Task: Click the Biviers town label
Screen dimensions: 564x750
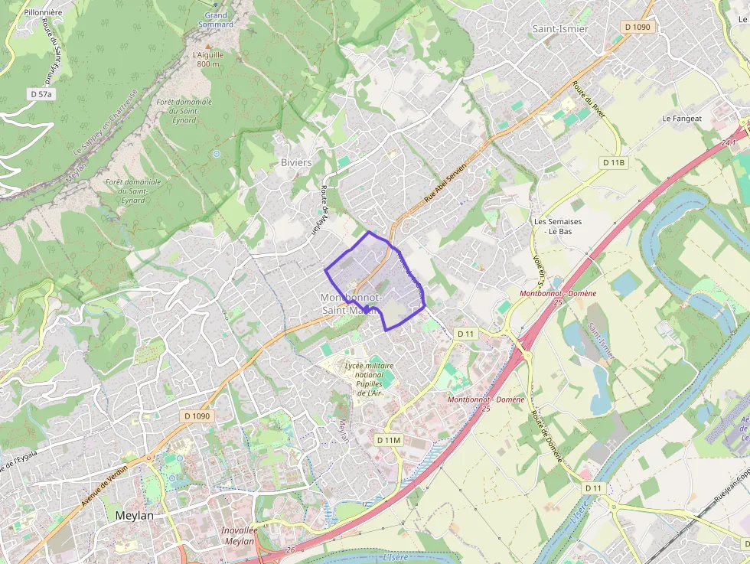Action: (x=296, y=162)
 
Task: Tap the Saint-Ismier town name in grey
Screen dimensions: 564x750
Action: (x=560, y=28)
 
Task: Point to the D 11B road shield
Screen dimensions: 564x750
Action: (x=614, y=163)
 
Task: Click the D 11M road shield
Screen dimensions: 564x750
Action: (x=389, y=440)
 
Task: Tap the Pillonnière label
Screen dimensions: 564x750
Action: (x=42, y=13)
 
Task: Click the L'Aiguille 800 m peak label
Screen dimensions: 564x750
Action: (x=207, y=59)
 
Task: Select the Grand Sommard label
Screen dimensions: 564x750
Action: (x=217, y=20)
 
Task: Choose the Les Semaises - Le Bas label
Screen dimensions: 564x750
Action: (x=558, y=226)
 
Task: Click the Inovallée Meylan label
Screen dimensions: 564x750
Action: (x=239, y=536)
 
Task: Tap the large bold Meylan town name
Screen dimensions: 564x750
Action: (x=134, y=516)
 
